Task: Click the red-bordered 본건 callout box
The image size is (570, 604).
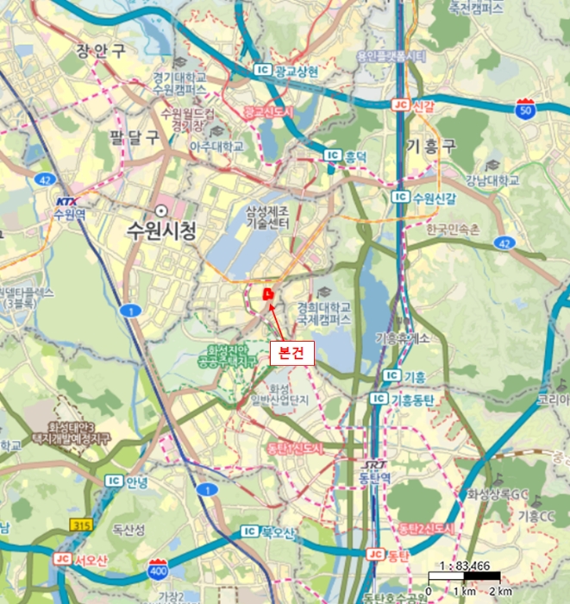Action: point(292,351)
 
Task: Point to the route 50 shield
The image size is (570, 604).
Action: point(525,108)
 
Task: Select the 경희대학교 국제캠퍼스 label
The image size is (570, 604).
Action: point(324,312)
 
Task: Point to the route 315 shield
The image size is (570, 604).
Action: point(80,525)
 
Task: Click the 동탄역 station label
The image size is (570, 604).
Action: point(374,477)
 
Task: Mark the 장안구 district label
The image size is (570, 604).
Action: point(102,50)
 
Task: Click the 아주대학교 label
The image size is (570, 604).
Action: point(216,148)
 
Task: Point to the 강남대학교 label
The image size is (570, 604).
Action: point(492,180)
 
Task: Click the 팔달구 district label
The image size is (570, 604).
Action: point(135,136)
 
